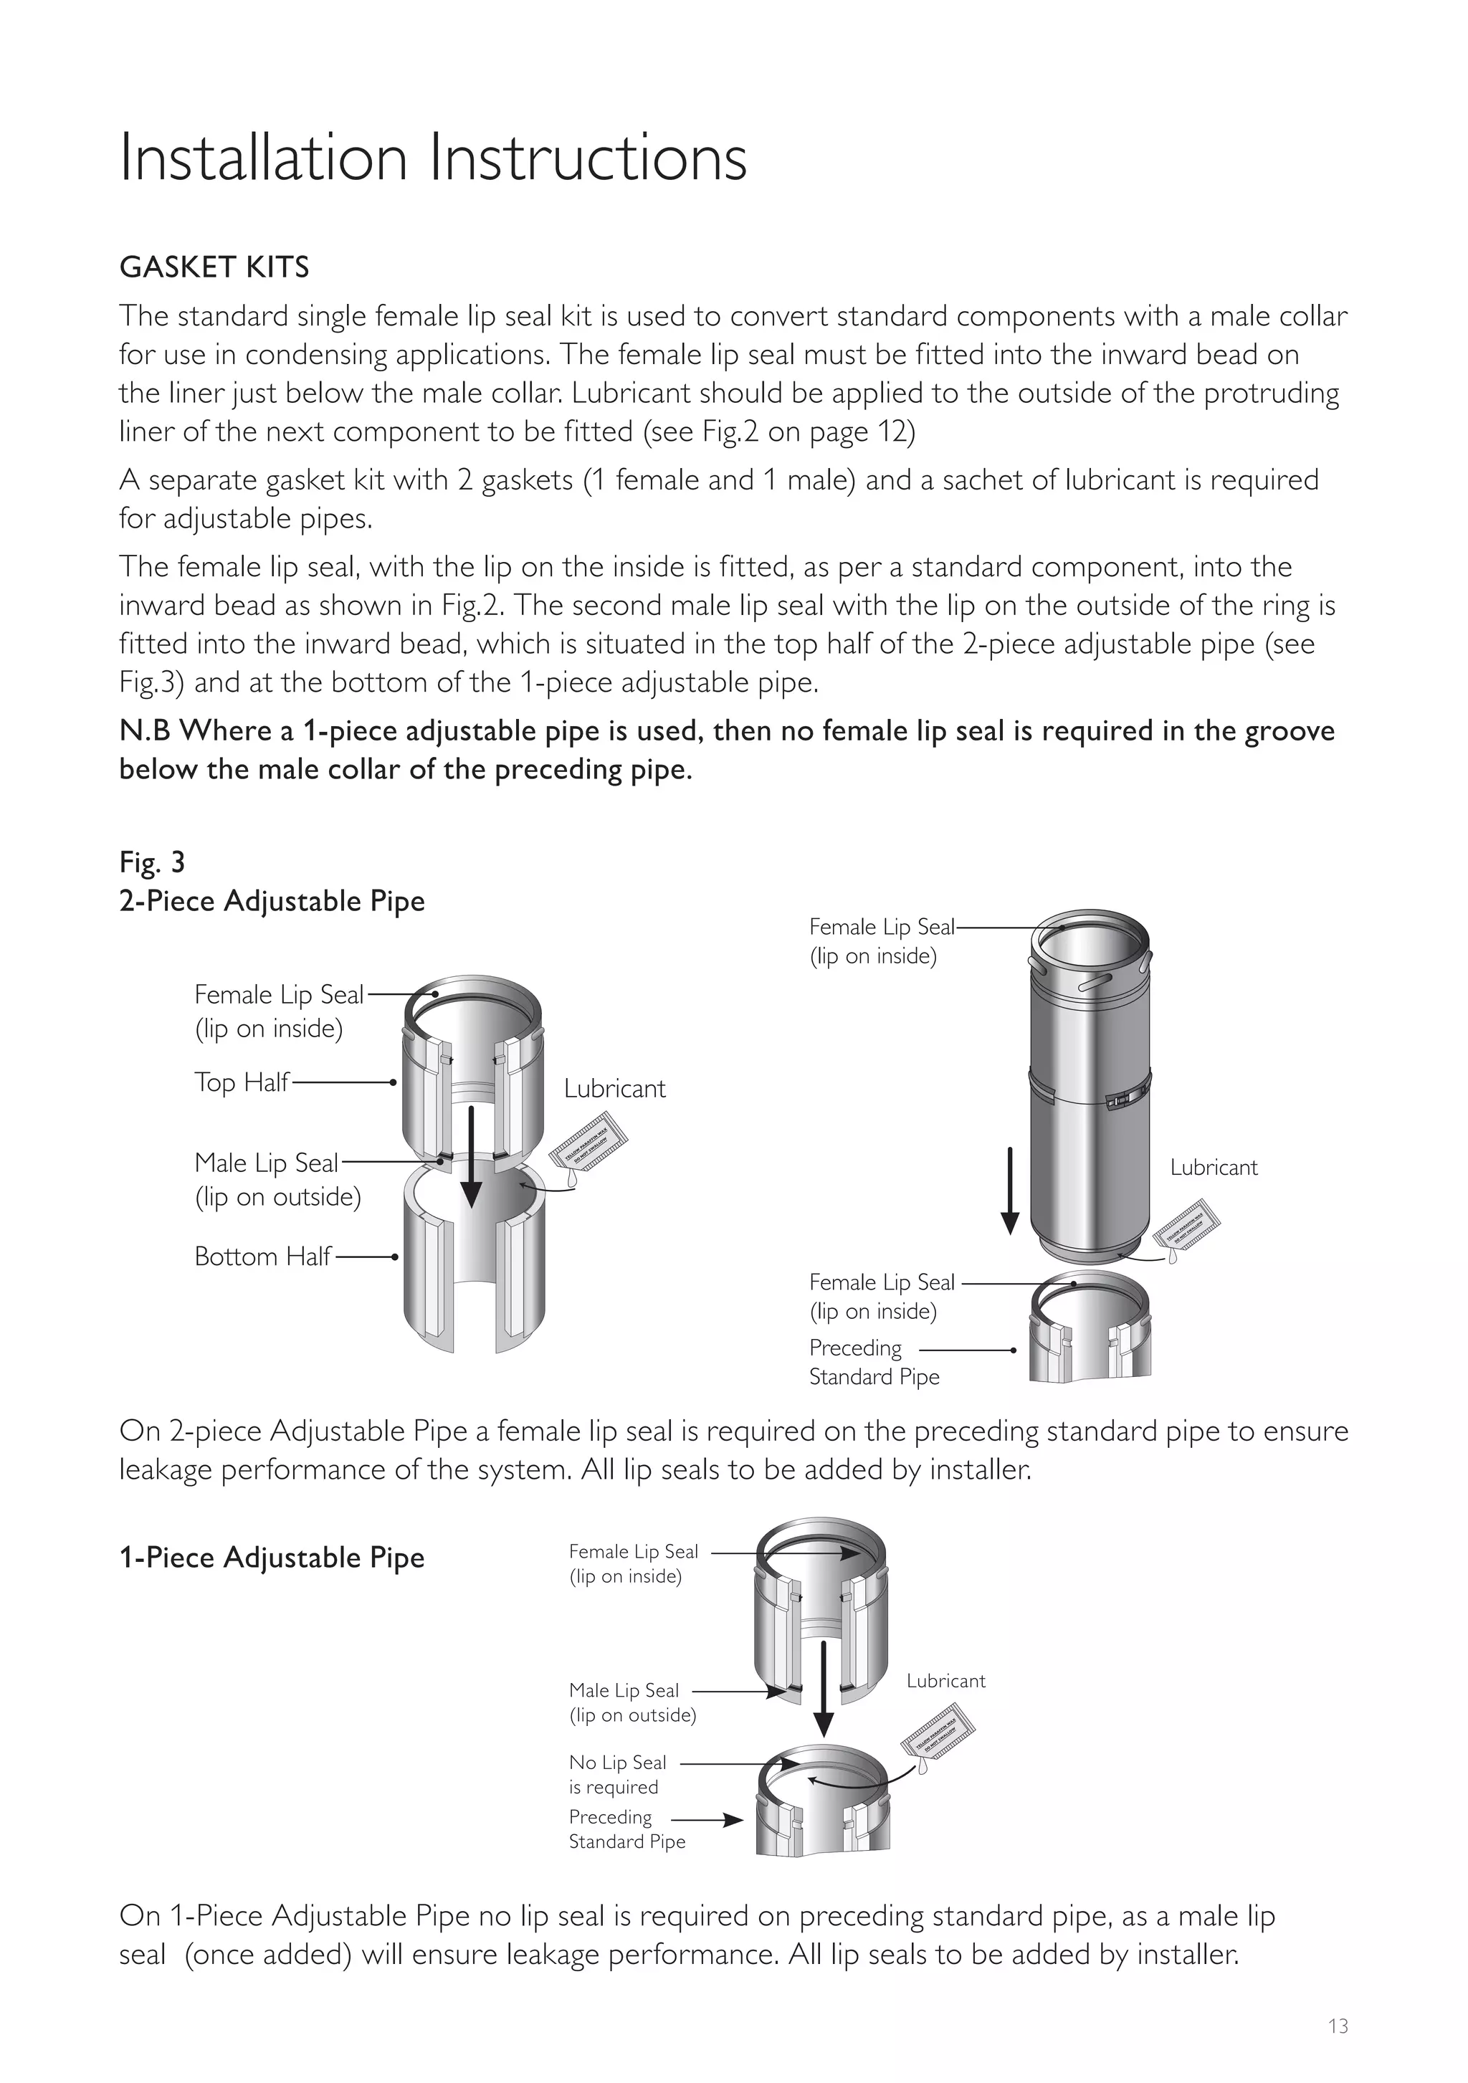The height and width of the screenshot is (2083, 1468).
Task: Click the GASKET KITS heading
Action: [x=214, y=267]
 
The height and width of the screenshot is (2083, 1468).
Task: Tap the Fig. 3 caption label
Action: [x=153, y=862]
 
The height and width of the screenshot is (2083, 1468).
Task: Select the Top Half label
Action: [x=242, y=1082]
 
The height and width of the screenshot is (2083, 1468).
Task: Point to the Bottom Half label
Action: [x=262, y=1257]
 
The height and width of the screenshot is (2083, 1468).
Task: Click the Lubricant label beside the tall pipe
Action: [x=1213, y=1168]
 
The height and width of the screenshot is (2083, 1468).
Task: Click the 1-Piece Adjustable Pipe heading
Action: [x=271, y=1558]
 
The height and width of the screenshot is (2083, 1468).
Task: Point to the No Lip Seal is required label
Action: [x=618, y=1775]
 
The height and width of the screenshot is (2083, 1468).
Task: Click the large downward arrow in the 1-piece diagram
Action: [x=823, y=1687]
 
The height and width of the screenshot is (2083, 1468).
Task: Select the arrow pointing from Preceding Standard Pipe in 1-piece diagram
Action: [x=707, y=1820]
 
